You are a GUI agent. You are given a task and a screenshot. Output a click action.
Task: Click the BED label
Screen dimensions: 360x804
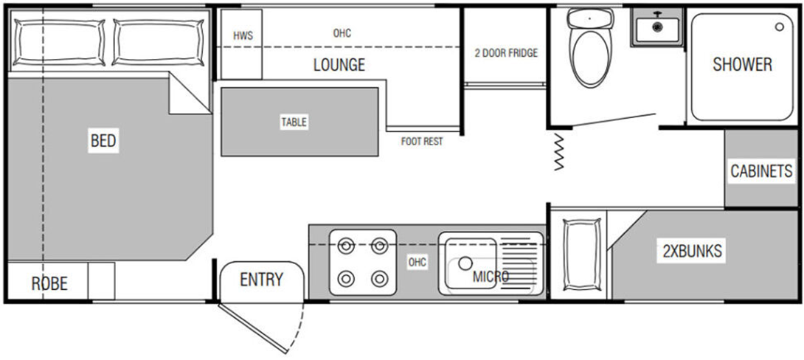(104, 140)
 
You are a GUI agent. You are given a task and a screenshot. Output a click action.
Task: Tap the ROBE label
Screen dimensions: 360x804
(49, 283)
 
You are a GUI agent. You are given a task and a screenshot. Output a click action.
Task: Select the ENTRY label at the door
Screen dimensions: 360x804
(261, 280)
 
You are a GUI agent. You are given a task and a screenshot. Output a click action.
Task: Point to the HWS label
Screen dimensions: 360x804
(243, 35)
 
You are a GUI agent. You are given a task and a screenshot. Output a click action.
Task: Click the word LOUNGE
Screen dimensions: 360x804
(339, 65)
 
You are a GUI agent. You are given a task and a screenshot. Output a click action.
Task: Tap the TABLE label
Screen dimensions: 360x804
(294, 122)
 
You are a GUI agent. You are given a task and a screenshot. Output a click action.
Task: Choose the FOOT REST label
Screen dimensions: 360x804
(422, 141)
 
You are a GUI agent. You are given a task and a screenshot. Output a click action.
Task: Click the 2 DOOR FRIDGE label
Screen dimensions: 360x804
(506, 53)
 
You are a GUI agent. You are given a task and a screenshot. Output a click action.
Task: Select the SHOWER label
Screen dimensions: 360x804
(742, 65)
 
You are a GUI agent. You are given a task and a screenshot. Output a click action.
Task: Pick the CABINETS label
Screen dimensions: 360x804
(761, 172)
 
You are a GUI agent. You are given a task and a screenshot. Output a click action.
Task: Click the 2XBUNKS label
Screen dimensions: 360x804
(691, 252)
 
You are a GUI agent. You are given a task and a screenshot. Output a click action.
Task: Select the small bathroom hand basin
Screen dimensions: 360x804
(656, 28)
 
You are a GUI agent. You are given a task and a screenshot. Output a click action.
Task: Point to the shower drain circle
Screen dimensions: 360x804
(780, 27)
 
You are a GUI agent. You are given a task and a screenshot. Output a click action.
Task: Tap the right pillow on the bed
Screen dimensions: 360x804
(158, 41)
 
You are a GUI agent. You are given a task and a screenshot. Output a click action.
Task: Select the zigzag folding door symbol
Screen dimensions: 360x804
(558, 153)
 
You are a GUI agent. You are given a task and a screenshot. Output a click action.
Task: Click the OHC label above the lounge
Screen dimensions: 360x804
(342, 33)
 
